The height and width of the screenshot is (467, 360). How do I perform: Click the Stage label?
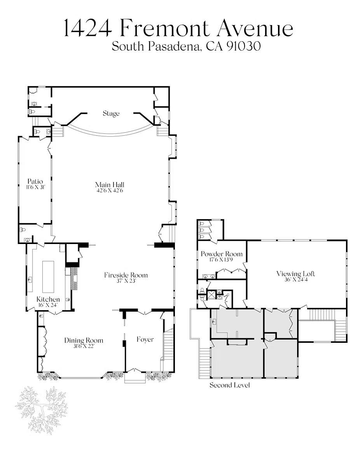point(111,113)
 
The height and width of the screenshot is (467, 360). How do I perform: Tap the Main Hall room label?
point(110,184)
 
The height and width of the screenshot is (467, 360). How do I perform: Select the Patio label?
point(35,181)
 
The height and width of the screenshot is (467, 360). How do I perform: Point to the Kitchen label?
point(48,299)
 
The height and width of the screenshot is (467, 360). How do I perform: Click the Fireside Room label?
point(126,275)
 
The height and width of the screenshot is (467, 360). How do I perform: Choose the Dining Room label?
point(84,341)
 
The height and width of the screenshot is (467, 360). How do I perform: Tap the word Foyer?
point(145,340)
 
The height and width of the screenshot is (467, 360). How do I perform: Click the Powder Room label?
point(222,254)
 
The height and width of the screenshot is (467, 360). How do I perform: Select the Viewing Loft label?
point(295,274)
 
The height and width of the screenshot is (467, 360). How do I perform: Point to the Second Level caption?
point(230,385)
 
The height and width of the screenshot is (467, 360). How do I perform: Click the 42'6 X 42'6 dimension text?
point(110,190)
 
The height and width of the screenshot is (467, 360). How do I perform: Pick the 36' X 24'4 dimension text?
point(295,280)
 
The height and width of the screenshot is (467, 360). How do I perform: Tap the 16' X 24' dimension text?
point(48,305)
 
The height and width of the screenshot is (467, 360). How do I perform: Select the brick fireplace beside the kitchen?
point(75,279)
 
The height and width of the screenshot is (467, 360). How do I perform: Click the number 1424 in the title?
point(88,28)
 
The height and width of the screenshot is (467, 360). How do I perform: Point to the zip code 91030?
point(243,46)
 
